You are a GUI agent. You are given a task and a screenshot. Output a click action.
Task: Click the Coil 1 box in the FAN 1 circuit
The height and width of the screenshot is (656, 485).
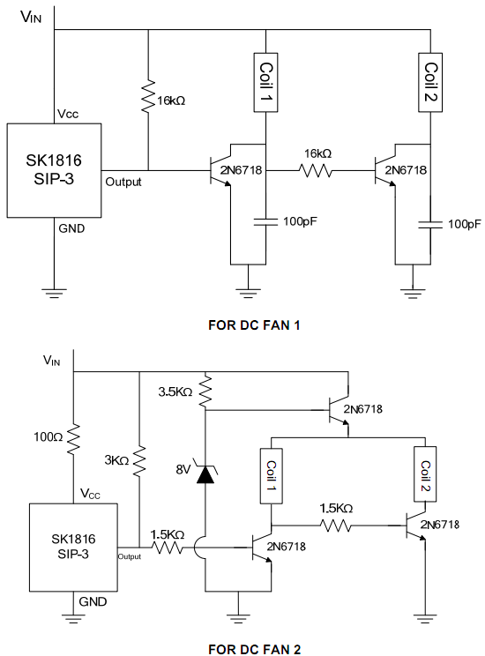(x=265, y=82)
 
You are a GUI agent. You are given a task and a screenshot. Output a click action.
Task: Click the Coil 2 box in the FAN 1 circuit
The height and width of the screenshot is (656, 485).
(x=430, y=82)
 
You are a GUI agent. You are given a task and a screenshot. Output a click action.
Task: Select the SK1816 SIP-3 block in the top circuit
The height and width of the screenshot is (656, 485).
(x=54, y=170)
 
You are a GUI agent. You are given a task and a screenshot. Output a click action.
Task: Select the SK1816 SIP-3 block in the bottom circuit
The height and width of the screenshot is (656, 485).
(x=73, y=548)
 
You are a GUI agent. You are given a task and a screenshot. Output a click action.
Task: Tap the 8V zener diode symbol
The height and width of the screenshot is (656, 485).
(x=205, y=474)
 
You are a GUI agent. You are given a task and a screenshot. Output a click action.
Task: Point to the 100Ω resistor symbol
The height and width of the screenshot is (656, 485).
(x=73, y=439)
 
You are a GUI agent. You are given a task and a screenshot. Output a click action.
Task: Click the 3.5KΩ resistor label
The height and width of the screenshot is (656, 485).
(x=175, y=392)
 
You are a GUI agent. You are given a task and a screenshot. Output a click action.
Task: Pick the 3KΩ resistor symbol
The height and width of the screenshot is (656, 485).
(x=139, y=461)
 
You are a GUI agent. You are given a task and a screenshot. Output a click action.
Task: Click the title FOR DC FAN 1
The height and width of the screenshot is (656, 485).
(x=254, y=325)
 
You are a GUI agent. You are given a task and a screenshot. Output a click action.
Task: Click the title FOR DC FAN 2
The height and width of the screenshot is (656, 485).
(x=255, y=649)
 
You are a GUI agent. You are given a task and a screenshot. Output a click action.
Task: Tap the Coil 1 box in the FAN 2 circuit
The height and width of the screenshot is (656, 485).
(x=272, y=476)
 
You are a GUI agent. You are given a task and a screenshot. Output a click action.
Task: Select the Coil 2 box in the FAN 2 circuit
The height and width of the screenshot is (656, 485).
(x=425, y=474)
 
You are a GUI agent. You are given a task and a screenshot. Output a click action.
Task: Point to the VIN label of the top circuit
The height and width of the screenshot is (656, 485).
(x=31, y=17)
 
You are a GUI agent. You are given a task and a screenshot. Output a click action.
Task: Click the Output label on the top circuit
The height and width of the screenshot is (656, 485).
(x=123, y=182)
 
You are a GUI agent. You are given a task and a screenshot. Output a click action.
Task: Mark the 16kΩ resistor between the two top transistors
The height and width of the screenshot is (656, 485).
(x=316, y=170)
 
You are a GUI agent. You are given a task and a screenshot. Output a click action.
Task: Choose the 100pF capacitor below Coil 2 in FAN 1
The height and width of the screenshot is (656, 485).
(x=430, y=225)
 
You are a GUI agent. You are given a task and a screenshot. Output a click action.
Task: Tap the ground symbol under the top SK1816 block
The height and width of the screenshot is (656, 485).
(x=54, y=293)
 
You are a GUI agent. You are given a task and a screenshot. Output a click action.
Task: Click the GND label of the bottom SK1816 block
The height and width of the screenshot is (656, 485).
(x=93, y=601)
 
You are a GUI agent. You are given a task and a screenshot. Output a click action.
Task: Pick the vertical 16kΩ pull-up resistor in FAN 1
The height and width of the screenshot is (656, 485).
(x=148, y=97)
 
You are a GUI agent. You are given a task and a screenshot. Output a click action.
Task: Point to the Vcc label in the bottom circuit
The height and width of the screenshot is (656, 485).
(x=91, y=494)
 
